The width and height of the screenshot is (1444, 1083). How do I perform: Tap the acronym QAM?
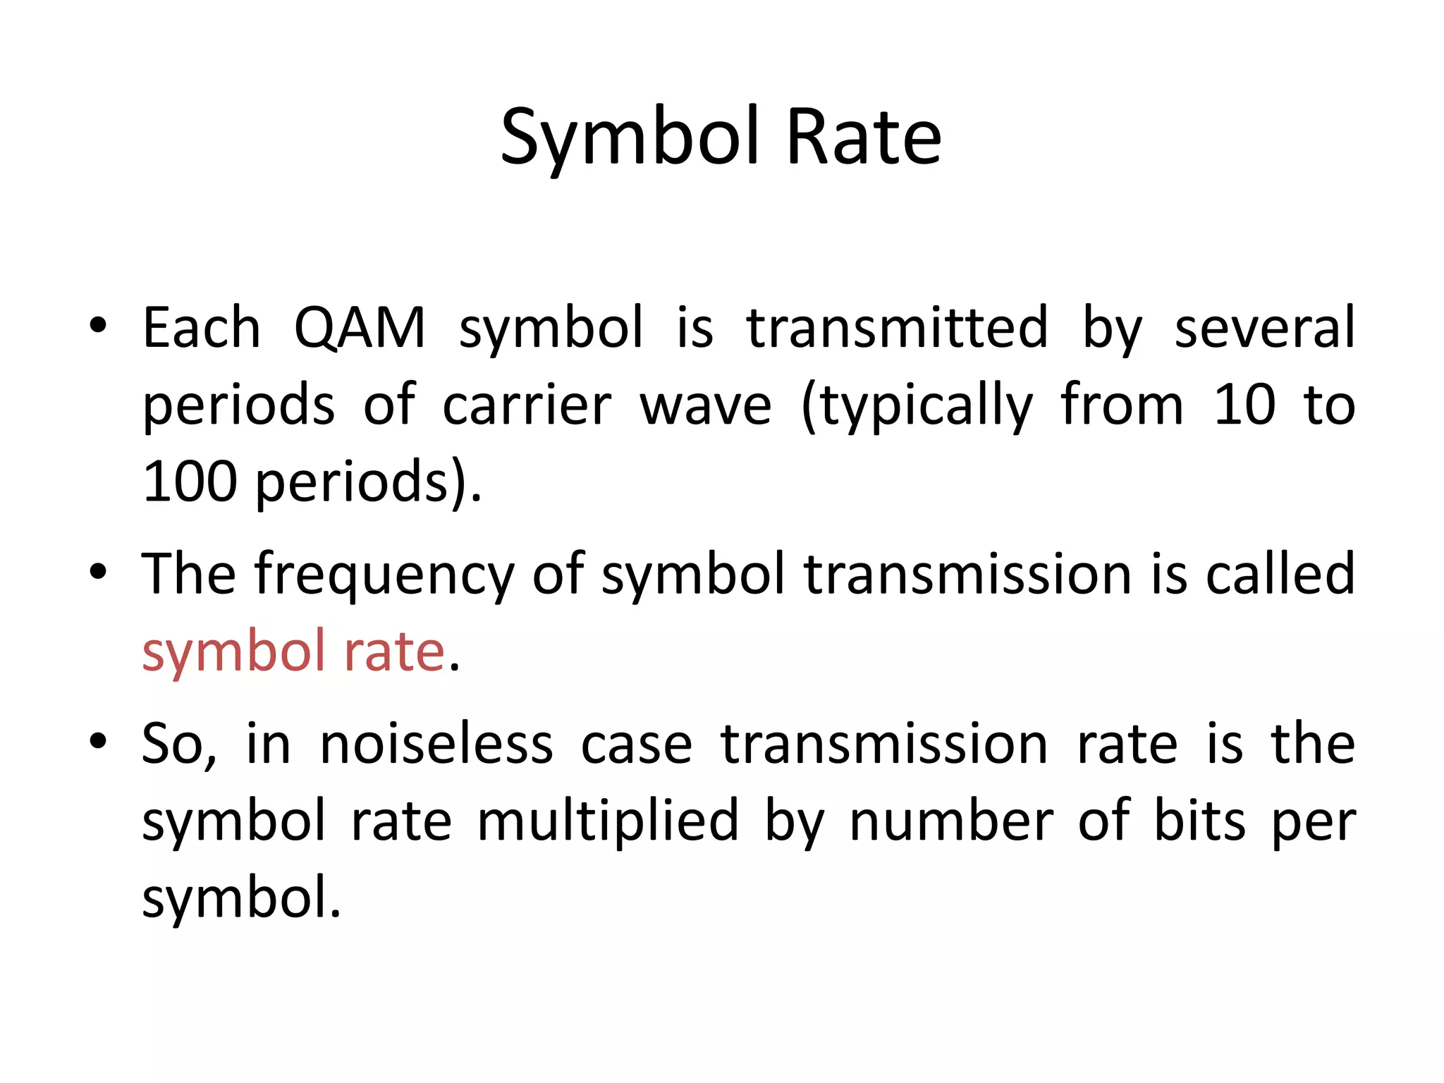click(360, 328)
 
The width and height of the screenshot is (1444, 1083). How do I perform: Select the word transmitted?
click(897, 328)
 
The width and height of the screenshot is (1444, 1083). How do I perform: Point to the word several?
click(1264, 328)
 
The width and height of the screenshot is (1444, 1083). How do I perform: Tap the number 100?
click(190, 482)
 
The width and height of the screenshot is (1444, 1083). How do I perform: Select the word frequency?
click(384, 575)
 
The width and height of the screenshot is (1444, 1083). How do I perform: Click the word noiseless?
click(436, 745)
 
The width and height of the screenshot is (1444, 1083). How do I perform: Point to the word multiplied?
click(608, 821)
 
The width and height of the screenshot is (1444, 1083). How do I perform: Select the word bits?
click(1199, 821)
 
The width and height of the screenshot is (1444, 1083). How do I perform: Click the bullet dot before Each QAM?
click(98, 325)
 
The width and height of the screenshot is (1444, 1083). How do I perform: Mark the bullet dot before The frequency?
click(98, 570)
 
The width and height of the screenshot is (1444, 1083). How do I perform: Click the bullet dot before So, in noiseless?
click(98, 741)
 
